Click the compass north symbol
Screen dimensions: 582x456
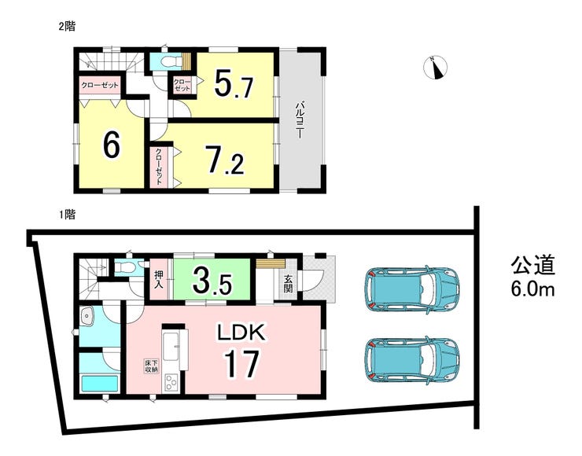[x=436, y=68]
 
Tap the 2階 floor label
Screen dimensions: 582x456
[x=67, y=27]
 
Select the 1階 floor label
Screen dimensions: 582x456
[x=67, y=215]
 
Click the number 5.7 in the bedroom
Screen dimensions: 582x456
[x=234, y=86]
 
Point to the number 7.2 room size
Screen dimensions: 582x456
[x=226, y=160]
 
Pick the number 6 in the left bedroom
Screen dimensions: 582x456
[x=112, y=145]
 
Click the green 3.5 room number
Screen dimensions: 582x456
[x=212, y=281]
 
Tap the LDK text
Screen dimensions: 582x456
[x=241, y=332]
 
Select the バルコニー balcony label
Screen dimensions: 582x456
[x=299, y=121]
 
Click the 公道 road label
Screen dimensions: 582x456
[x=532, y=265]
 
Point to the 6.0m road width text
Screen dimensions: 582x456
[x=532, y=289]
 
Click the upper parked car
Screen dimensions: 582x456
[x=412, y=289]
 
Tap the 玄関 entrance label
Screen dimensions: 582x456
[x=288, y=284]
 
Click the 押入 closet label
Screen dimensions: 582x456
[x=159, y=280]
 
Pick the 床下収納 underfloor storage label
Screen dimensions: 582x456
[x=150, y=365]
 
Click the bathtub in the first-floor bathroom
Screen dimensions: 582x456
[x=99, y=384]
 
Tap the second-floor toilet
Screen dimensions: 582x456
[x=171, y=61]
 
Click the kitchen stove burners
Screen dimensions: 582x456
[x=171, y=382]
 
